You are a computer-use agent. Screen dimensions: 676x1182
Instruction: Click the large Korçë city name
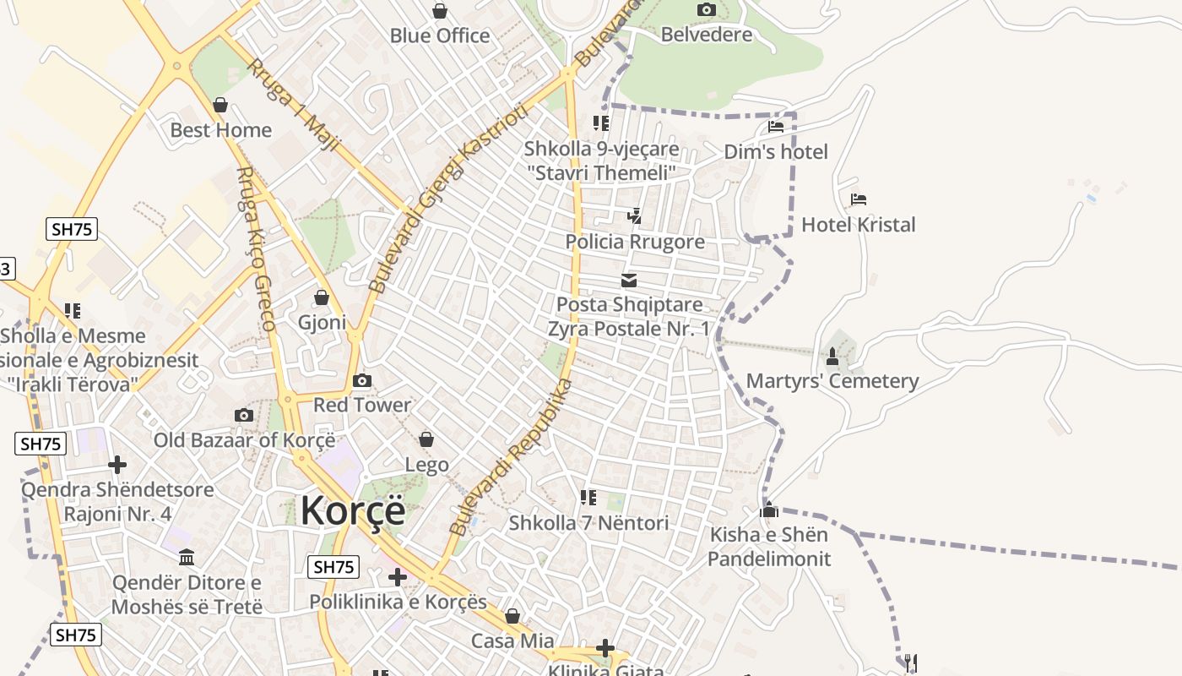pyautogui.click(x=353, y=510)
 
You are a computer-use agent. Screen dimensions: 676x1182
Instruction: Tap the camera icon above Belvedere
pyautogui.click(x=707, y=10)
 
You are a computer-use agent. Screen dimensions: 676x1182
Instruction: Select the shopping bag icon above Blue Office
pyautogui.click(x=440, y=11)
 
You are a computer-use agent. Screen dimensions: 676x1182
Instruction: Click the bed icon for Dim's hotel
pyautogui.click(x=776, y=127)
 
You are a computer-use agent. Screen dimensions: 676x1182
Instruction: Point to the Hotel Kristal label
pyautogui.click(x=858, y=225)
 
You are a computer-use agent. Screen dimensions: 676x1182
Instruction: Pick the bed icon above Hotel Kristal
pyautogui.click(x=859, y=199)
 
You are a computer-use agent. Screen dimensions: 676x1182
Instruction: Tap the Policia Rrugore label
pyautogui.click(x=635, y=242)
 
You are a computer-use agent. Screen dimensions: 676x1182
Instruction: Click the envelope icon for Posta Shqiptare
pyautogui.click(x=629, y=281)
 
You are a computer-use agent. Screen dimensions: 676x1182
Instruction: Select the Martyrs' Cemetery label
pyautogui.click(x=832, y=381)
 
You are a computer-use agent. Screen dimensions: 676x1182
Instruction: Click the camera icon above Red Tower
pyautogui.click(x=362, y=380)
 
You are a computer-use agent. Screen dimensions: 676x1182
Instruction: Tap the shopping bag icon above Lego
pyautogui.click(x=426, y=439)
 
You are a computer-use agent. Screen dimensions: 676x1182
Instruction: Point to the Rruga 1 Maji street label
pyautogui.click(x=292, y=105)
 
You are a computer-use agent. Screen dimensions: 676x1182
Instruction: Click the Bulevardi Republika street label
pyautogui.click(x=512, y=456)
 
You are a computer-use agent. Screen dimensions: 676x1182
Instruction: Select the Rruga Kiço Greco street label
pyautogui.click(x=256, y=248)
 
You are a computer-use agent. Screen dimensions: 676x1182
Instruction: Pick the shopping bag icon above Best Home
pyautogui.click(x=220, y=105)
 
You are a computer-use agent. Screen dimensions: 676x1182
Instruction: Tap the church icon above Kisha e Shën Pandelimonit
pyautogui.click(x=769, y=510)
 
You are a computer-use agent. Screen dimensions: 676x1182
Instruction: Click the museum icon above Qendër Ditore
pyautogui.click(x=187, y=558)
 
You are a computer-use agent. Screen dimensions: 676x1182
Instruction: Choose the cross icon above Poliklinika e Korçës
pyautogui.click(x=398, y=577)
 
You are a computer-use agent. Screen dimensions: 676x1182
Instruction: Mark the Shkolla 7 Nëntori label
pyautogui.click(x=588, y=523)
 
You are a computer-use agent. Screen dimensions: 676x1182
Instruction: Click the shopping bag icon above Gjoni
pyautogui.click(x=322, y=297)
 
